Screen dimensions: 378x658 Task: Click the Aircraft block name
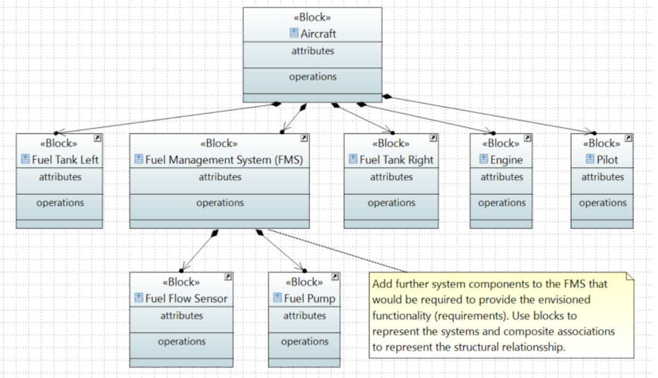click(318, 33)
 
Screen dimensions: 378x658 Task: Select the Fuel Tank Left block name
click(65, 159)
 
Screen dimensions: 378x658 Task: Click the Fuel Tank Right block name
click(396, 159)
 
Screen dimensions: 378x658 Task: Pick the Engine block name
click(506, 159)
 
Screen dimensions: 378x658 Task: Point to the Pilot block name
click(607, 159)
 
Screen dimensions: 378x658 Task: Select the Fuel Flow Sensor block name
click(186, 298)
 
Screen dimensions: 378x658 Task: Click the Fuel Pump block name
click(309, 298)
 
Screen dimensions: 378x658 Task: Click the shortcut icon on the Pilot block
click(628, 138)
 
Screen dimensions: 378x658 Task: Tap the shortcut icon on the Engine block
click(527, 138)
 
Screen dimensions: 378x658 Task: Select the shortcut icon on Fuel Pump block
click(335, 277)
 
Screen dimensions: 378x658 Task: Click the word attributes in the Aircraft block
click(313, 51)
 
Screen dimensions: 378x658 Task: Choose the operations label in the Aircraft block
click(313, 77)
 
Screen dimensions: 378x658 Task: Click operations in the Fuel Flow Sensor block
click(182, 342)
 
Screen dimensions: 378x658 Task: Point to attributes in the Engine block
click(501, 177)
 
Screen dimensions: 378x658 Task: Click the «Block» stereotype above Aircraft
click(313, 17)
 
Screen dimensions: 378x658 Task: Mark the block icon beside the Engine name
click(484, 159)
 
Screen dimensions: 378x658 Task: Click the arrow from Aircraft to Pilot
click(488, 114)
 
